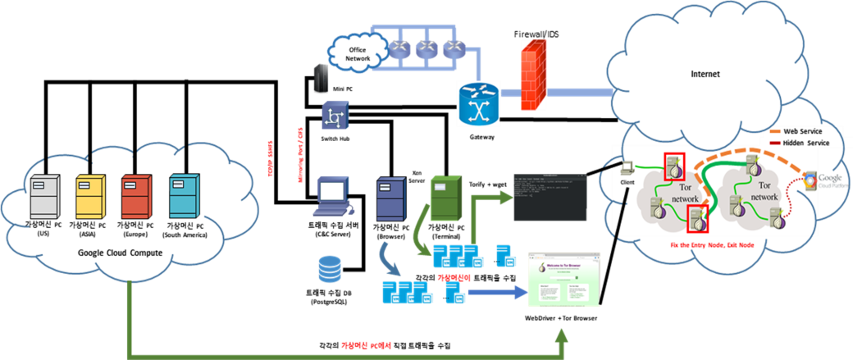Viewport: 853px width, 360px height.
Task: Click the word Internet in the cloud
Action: point(705,74)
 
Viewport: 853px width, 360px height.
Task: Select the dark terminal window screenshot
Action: point(550,197)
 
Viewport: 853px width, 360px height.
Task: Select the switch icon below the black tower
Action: point(335,116)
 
